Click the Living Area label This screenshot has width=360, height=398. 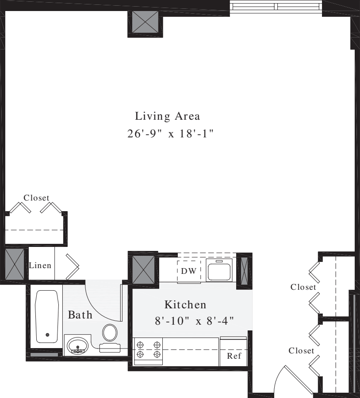[168, 117]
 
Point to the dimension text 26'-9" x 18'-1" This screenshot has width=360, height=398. [171, 134]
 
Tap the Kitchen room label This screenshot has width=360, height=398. [185, 304]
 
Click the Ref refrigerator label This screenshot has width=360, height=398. [234, 356]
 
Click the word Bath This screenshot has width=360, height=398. [80, 315]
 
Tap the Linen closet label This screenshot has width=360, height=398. [40, 266]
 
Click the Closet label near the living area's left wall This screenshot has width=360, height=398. [36, 198]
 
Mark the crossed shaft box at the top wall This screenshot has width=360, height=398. [146, 21]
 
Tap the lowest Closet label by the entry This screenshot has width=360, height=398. [301, 351]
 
